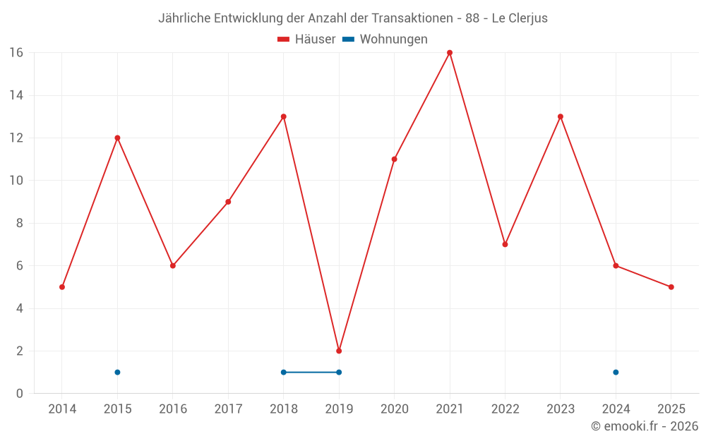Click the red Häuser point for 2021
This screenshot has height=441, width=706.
coord(450,53)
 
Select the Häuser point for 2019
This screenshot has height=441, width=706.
coord(339,351)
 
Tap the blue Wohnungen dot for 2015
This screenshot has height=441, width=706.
coord(117,372)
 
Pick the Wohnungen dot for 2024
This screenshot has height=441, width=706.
coord(616,372)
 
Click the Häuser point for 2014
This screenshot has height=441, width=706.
coord(62,287)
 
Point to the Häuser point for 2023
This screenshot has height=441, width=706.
coord(561,116)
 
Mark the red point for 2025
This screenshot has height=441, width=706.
coord(671,287)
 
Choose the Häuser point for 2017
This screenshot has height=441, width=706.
coord(228,202)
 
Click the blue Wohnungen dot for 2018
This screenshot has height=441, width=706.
coord(283,372)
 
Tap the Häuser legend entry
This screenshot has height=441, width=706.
coord(306,40)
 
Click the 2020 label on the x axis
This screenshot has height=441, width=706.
coord(394,409)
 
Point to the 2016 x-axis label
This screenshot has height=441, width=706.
coord(173,409)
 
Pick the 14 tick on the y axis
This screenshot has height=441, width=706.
coord(16,95)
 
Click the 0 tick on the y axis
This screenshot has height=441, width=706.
coord(19,394)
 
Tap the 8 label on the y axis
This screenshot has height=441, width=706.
coord(19,223)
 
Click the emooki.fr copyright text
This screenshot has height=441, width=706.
coord(645,426)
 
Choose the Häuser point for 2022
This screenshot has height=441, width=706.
coord(505,244)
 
